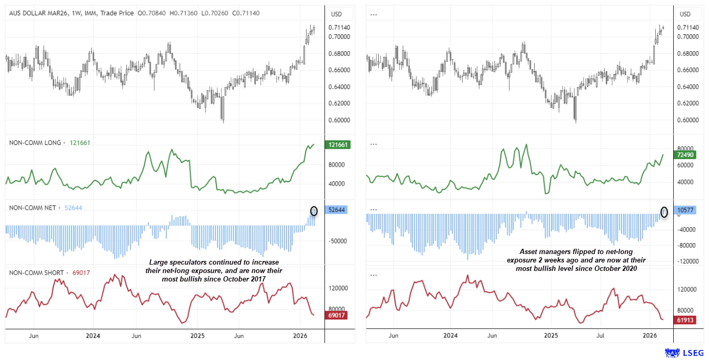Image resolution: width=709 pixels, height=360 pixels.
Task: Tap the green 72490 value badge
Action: click(x=686, y=155)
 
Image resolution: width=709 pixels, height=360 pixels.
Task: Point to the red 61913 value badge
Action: click(x=686, y=319)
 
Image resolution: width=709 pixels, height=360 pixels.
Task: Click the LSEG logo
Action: click(x=683, y=352)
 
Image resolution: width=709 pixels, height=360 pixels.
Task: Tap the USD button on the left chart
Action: click(x=336, y=14)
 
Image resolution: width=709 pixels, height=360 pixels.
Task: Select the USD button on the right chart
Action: click(x=685, y=14)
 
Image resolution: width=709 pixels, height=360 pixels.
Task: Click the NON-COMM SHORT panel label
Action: click(x=36, y=273)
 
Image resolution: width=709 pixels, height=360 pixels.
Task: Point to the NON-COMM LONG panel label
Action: click(x=35, y=142)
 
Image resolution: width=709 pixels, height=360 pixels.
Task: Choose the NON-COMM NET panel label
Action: click(x=33, y=208)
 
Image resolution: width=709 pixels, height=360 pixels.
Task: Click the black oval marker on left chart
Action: click(x=314, y=211)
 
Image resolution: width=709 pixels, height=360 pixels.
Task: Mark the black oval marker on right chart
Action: click(x=664, y=212)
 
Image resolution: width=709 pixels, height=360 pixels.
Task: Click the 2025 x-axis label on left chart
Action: click(x=198, y=336)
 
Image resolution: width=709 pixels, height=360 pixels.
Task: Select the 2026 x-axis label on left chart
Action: click(x=300, y=336)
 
